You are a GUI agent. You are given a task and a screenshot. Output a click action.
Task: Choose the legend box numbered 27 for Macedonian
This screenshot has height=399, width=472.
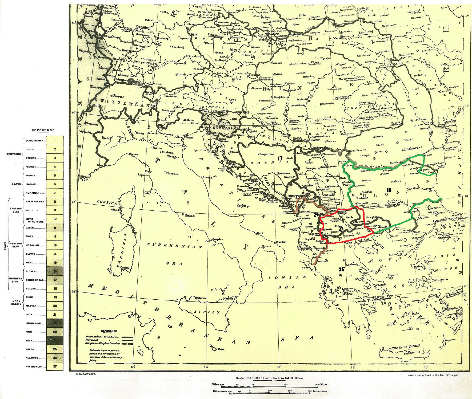55,366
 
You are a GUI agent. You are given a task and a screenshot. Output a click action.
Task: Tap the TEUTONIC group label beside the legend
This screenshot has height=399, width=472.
14,154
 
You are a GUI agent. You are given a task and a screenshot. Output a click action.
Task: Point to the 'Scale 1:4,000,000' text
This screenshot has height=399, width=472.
269,378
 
